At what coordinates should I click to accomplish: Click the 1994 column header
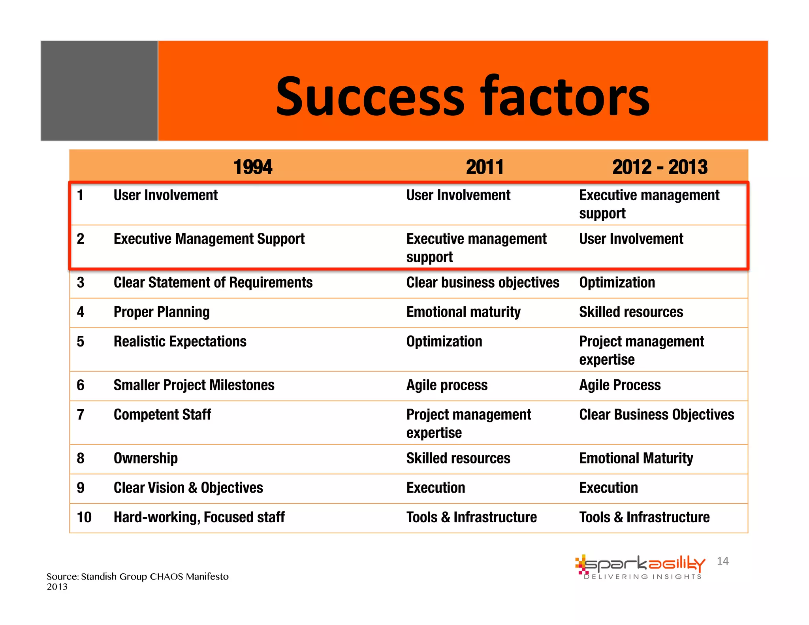pos(253,167)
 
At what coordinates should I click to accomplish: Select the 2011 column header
pos(485,167)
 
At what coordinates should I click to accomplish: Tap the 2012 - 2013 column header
pos(660,167)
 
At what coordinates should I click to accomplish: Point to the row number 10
pos(84,517)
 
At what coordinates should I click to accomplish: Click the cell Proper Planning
pos(162,312)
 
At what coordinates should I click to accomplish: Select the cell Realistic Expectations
pos(180,341)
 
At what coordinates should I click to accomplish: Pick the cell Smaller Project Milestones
pos(194,385)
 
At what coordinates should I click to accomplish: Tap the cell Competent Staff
pos(162,414)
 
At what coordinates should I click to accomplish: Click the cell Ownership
pos(145,458)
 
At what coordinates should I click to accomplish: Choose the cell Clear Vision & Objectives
pos(188,488)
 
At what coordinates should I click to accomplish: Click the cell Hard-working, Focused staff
pos(199,517)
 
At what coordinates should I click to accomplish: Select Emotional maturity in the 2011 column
pos(463,312)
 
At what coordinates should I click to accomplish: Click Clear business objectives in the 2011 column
pos(483,282)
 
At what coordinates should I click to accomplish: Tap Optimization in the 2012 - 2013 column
pos(617,282)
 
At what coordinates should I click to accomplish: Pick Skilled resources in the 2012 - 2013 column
pos(631,312)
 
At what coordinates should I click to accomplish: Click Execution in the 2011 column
pos(436,488)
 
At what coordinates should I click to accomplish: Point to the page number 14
pos(722,561)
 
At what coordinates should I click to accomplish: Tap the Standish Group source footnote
pos(137,581)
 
